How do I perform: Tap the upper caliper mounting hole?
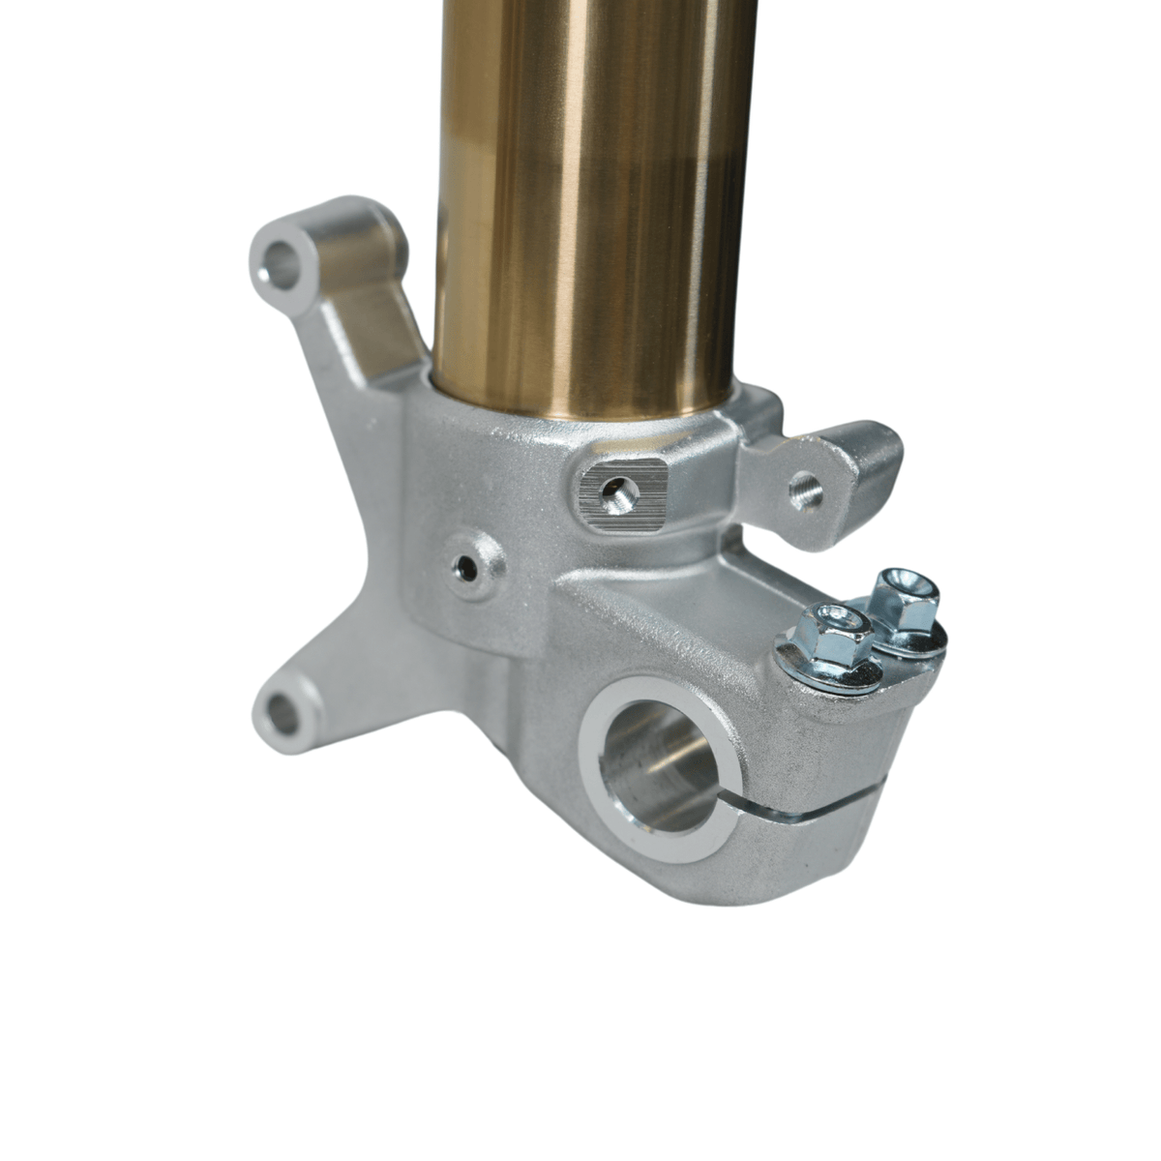coord(283,260)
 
